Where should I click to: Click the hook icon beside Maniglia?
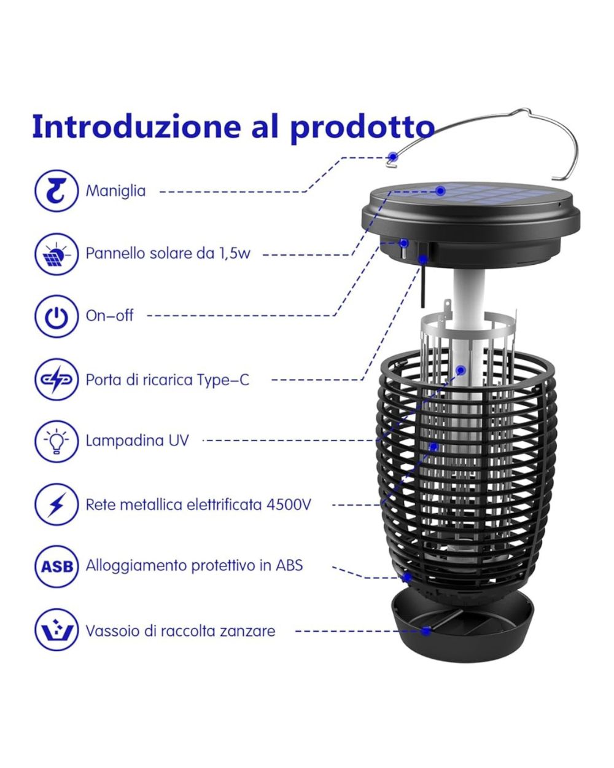[56, 190]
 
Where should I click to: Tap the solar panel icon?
[56, 254]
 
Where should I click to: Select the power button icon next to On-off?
[56, 316]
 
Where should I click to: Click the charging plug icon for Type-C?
[56, 379]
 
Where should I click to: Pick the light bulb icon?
[56, 441]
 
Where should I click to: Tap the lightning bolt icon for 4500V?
[56, 504]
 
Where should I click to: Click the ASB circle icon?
[56, 566]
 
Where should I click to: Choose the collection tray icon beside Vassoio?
[56, 630]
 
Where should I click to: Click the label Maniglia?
[115, 191]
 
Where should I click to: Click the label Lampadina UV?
[137, 441]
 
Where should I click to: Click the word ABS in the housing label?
[289, 565]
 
